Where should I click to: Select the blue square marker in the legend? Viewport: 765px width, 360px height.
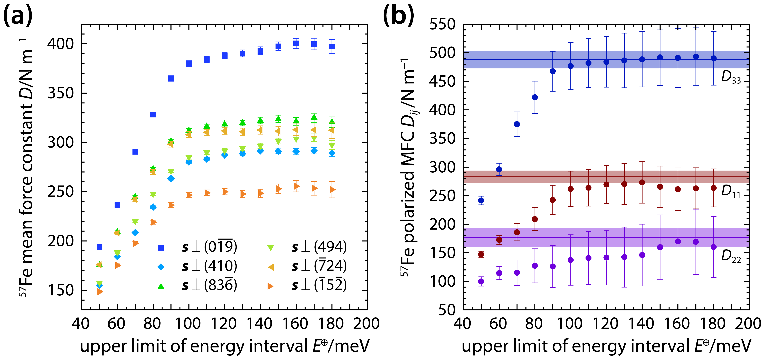pyautogui.click(x=161, y=247)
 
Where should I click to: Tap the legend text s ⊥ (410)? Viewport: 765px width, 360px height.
pyautogui.click(x=209, y=266)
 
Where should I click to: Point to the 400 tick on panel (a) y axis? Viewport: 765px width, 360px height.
pyautogui.click(x=60, y=44)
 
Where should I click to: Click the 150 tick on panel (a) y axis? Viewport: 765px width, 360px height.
pyautogui.click(x=60, y=290)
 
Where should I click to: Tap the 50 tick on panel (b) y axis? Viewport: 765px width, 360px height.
pyautogui.click(x=447, y=310)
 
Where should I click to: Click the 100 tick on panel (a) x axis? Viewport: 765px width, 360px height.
pyautogui.click(x=188, y=324)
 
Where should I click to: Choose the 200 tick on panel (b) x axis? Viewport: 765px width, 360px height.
pyautogui.click(x=748, y=324)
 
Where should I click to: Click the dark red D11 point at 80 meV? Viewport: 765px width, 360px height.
pyautogui.click(x=535, y=219)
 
